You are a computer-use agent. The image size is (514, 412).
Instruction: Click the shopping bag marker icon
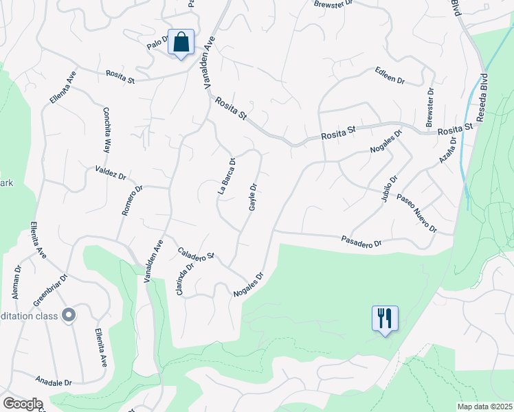point(181,42)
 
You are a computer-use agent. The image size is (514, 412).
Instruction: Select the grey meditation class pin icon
point(68,315)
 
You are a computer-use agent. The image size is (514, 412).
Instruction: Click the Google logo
point(23,404)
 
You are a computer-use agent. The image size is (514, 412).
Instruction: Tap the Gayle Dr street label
point(253,197)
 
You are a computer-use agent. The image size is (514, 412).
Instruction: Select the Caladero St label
point(196,253)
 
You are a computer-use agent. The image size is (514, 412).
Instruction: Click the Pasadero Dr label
point(361,242)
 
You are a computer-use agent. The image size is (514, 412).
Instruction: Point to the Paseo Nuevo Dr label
point(416,214)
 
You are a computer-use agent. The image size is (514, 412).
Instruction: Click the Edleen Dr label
point(390,76)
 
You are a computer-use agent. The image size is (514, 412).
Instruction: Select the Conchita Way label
point(107,130)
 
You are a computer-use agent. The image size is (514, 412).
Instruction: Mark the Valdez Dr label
point(111,172)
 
